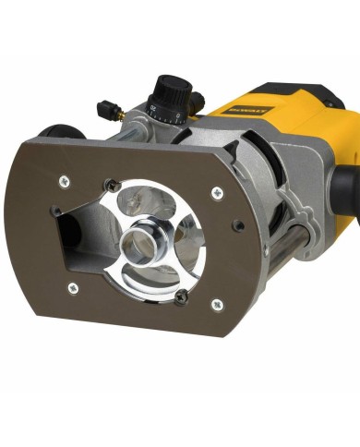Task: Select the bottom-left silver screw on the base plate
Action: coord(73,287)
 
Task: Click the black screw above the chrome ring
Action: coord(112,185)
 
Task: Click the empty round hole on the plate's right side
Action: coord(238,225)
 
